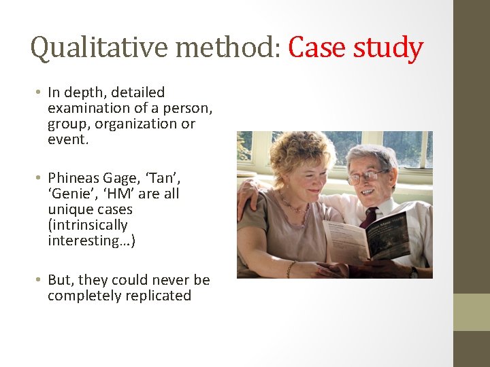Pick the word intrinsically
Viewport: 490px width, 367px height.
[88, 225]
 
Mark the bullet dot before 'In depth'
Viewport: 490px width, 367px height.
[40, 92]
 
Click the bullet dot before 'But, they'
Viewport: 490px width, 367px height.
[40, 280]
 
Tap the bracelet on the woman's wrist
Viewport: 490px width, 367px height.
[291, 269]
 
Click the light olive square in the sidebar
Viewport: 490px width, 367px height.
[472, 312]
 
